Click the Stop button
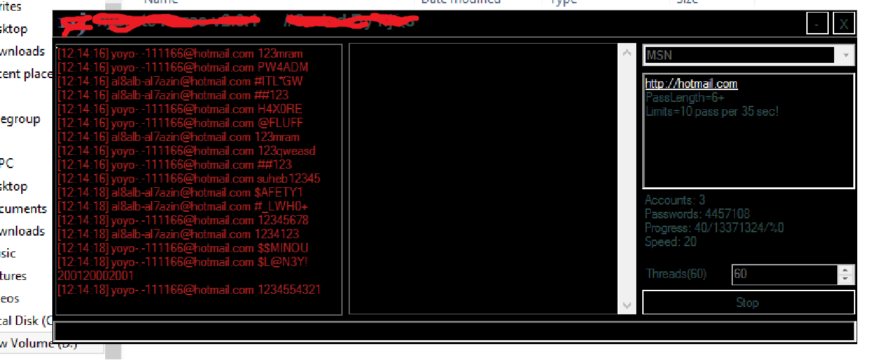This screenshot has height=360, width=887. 748,302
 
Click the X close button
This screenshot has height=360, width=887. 843,24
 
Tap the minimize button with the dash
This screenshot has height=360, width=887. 817,24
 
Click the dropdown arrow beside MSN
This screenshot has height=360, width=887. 845,55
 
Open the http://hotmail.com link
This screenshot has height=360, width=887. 691,83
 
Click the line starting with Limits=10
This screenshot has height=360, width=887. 712,111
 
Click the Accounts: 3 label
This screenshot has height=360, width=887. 675,201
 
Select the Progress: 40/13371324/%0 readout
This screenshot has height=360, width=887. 714,228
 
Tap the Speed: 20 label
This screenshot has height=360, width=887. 671,242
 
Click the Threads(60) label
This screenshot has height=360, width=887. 676,274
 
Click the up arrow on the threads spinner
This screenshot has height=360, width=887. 846,269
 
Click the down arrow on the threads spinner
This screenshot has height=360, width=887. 846,279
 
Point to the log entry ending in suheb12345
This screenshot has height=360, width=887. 189,179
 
